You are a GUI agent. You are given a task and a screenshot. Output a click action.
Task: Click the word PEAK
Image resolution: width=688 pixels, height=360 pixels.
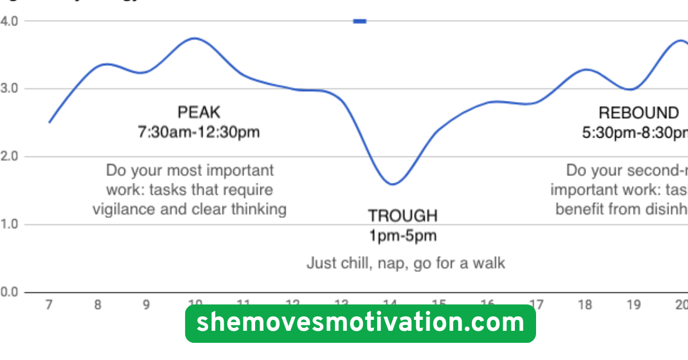click(x=198, y=112)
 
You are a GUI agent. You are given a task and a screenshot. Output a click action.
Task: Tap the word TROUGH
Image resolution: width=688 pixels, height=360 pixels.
click(x=402, y=216)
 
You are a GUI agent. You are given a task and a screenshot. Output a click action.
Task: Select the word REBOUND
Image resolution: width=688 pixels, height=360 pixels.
click(x=638, y=113)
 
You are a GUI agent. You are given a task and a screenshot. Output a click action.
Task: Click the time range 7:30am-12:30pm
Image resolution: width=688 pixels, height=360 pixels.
click(x=198, y=132)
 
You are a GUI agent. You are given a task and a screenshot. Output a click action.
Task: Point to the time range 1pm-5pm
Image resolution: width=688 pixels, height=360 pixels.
click(x=402, y=236)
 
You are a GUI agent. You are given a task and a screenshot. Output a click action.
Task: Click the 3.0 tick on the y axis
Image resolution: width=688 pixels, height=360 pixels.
click(x=10, y=89)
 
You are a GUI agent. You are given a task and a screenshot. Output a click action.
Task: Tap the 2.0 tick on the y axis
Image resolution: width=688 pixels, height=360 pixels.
click(x=10, y=156)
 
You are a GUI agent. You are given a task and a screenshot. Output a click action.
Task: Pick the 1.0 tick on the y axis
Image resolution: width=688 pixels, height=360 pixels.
click(x=10, y=224)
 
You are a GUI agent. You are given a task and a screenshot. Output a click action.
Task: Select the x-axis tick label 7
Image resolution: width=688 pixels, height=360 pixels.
click(x=49, y=305)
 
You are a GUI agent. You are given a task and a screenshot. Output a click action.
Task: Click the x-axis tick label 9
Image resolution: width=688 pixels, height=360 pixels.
click(x=146, y=305)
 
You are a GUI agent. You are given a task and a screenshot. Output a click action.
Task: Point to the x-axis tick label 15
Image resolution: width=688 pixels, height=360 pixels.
click(x=439, y=304)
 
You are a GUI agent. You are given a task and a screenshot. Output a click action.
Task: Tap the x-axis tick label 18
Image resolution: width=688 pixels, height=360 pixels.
click(x=585, y=305)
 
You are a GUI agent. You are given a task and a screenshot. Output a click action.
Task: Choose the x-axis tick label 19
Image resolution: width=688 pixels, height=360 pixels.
click(x=634, y=305)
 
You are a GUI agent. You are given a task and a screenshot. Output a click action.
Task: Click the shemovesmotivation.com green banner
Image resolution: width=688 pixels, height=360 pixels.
click(x=360, y=323)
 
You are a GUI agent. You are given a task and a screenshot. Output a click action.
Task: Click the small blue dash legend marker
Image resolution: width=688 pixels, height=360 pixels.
click(x=359, y=21)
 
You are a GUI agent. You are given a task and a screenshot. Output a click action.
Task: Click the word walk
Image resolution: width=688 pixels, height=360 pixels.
click(x=488, y=263)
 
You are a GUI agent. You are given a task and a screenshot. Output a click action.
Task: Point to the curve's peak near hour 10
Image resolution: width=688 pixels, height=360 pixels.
click(x=195, y=38)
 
